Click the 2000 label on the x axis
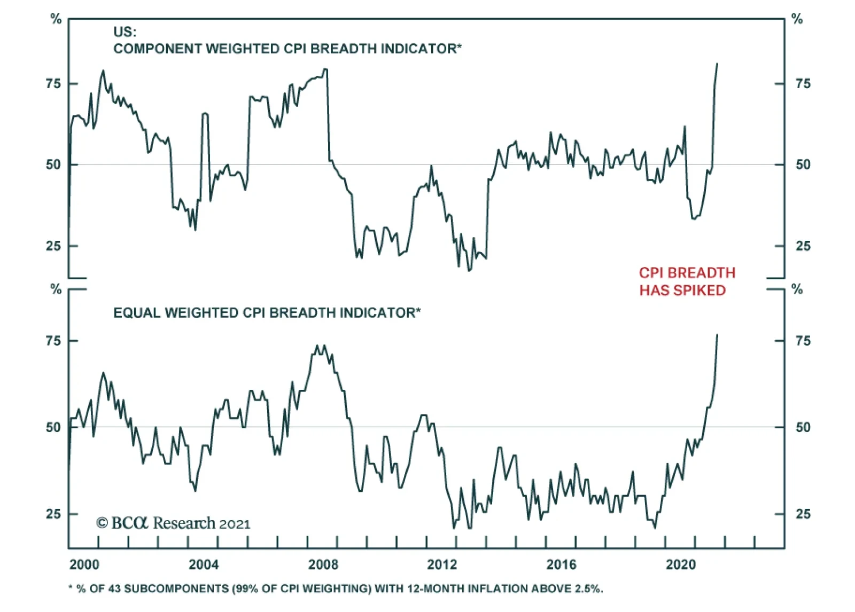pyautogui.click(x=84, y=564)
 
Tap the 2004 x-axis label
pyautogui.click(x=204, y=564)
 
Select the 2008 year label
pyautogui.click(x=323, y=564)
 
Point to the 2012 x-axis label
pyautogui.click(x=442, y=564)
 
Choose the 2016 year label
pyautogui.click(x=561, y=564)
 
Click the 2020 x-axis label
pyautogui.click(x=680, y=564)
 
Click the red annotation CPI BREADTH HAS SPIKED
pyautogui.click(x=687, y=281)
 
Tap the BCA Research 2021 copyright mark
pyautogui.click(x=173, y=523)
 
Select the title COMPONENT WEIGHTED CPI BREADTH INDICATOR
pyautogui.click(x=287, y=49)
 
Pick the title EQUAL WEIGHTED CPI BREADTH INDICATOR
pyautogui.click(x=267, y=312)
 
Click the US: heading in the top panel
pyautogui.click(x=125, y=32)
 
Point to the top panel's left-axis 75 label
pyautogui.click(x=53, y=84)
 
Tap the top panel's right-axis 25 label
pyautogui.click(x=803, y=246)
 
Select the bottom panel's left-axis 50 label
pyautogui.click(x=53, y=427)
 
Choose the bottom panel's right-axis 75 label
pyautogui.click(x=803, y=341)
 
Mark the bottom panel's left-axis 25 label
pyautogui.click(x=53, y=514)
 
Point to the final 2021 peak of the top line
pyautogui.click(x=717, y=64)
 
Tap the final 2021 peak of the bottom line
pyautogui.click(x=717, y=335)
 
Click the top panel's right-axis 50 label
pyautogui.click(x=803, y=164)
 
